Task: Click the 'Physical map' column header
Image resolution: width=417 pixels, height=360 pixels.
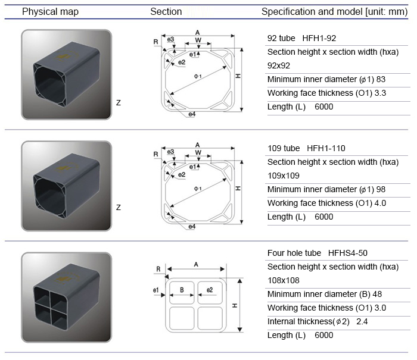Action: pyautogui.click(x=50, y=11)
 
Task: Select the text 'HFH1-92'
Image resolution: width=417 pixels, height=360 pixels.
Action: pyautogui.click(x=319, y=38)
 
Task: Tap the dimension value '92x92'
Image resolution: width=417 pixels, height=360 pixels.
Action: pyautogui.click(x=279, y=65)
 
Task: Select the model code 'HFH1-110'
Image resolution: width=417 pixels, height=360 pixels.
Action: pyautogui.click(x=326, y=148)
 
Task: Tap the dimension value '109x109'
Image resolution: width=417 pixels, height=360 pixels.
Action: pyautogui.click(x=284, y=176)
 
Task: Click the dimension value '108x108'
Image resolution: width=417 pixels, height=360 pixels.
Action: pyautogui.click(x=284, y=280)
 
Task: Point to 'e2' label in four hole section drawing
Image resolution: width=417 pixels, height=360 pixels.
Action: pyautogui.click(x=210, y=290)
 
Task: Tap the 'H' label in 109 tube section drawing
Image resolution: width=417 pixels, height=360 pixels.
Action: pyautogui.click(x=238, y=188)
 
